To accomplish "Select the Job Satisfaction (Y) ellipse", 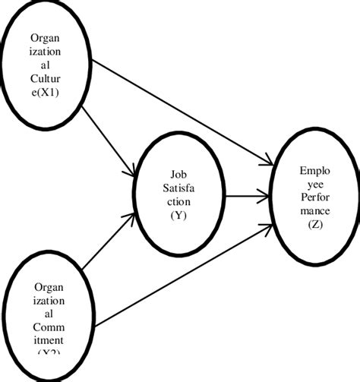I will coord(180,193).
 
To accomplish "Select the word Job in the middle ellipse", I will coord(179,173).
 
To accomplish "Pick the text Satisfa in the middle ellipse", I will coord(179,187).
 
